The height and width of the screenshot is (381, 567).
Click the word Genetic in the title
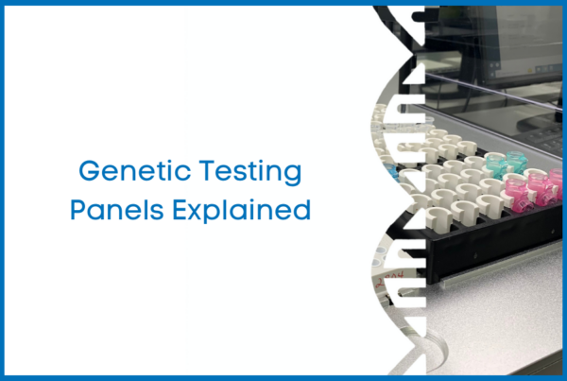(135, 170)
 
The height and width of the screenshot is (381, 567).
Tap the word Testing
(250, 173)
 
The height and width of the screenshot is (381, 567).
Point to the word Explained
(242, 211)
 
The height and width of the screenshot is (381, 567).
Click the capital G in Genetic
(89, 171)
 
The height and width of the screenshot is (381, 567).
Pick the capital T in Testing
(208, 171)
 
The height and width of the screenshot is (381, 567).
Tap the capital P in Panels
(77, 209)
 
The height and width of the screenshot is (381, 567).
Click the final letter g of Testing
(293, 176)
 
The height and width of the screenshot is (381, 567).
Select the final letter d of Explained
(302, 209)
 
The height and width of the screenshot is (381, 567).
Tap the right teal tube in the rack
(516, 162)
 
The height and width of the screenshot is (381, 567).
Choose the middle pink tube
(540, 189)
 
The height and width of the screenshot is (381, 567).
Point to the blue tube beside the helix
(392, 173)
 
